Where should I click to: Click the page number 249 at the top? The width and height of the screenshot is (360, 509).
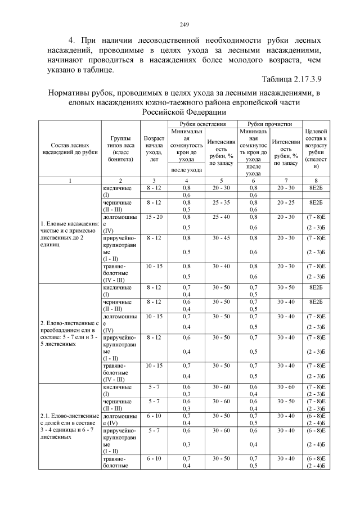pos(183,24)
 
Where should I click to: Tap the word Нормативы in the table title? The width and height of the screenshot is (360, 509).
pos(72,93)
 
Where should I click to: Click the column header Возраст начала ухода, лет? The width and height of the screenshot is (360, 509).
pos(154,148)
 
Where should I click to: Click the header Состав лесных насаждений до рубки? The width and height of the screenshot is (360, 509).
pos(70,148)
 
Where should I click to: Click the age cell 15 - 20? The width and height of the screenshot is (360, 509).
pos(154,217)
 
